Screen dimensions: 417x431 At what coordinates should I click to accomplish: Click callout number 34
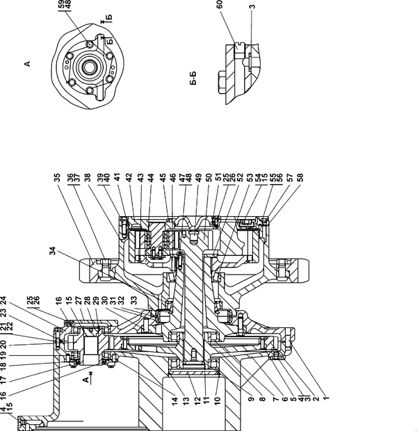(x=53, y=251)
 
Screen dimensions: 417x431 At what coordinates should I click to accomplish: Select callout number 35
(x=57, y=177)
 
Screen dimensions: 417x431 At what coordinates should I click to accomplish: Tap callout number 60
(x=220, y=4)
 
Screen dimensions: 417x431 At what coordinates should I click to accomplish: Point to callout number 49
(x=199, y=177)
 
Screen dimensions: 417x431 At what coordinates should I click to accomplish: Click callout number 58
(x=300, y=177)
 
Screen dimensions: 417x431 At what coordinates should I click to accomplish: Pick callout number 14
(x=175, y=401)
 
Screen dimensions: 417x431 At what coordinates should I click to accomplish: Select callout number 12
(x=196, y=401)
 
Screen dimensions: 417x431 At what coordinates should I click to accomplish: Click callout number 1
(x=326, y=398)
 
